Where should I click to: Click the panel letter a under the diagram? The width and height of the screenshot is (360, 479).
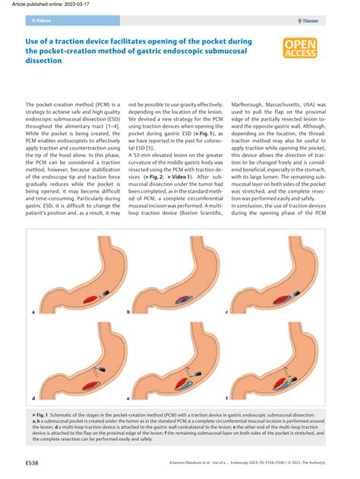(x=33, y=311)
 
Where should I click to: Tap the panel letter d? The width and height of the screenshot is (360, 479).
(x=33, y=398)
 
